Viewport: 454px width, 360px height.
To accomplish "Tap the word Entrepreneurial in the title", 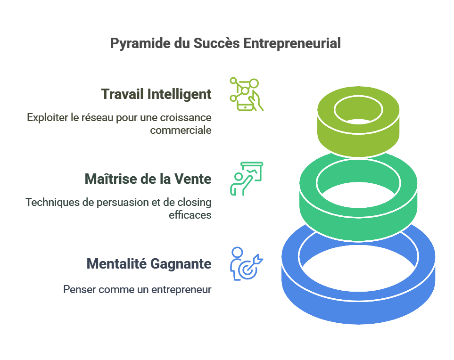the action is pyautogui.click(x=292, y=43).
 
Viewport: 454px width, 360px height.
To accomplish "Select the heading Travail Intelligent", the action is pyautogui.click(x=157, y=94).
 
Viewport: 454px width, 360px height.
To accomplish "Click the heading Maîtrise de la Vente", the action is pyautogui.click(x=148, y=179).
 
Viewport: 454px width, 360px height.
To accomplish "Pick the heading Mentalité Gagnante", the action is pyautogui.click(x=149, y=264).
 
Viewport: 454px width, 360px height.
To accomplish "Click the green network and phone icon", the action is pyautogui.click(x=247, y=94).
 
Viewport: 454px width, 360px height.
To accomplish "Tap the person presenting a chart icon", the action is pyautogui.click(x=247, y=179).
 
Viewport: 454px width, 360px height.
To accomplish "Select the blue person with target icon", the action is pyautogui.click(x=247, y=263).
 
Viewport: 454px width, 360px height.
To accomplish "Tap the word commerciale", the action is pyautogui.click(x=181, y=130).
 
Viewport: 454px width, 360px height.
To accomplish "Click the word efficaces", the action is pyautogui.click(x=190, y=215).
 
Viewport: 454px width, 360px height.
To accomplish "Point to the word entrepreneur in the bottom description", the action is pyautogui.click(x=181, y=290).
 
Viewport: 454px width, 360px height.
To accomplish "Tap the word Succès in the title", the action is pyautogui.click(x=217, y=43).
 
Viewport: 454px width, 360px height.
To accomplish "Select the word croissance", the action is pyautogui.click(x=186, y=117).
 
